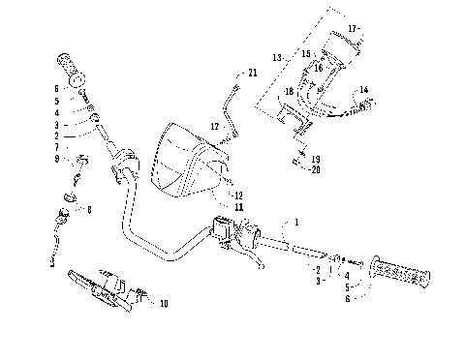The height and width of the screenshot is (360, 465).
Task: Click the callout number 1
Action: (x=296, y=223)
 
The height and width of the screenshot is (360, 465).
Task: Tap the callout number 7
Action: (x=56, y=148)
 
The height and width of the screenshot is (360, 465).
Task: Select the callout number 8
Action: (x=90, y=208)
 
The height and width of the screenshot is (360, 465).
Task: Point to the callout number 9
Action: (x=56, y=158)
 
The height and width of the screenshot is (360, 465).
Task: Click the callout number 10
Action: (x=163, y=303)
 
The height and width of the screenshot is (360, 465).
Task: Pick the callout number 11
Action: (x=238, y=206)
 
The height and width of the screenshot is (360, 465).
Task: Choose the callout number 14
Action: (x=364, y=90)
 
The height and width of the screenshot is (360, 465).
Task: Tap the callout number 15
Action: (x=305, y=54)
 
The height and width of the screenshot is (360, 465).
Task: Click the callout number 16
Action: (x=316, y=68)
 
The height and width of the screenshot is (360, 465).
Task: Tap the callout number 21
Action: (x=253, y=73)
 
